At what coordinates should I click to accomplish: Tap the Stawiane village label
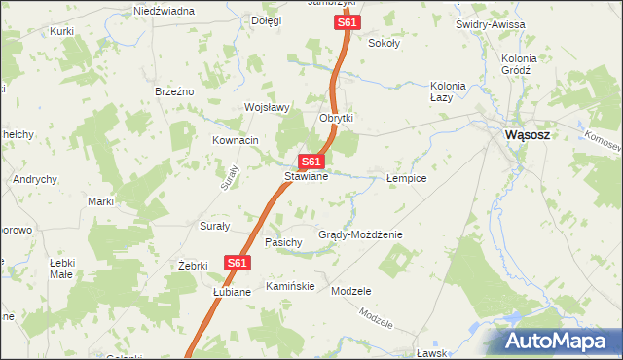(x=306, y=177)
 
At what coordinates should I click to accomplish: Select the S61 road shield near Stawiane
(x=311, y=162)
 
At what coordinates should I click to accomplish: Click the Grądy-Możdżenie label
(x=360, y=235)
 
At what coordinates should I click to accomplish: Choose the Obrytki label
(x=336, y=118)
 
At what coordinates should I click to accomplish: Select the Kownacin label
(x=236, y=140)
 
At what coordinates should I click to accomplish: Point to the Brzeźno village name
(x=175, y=90)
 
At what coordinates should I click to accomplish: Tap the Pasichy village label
(x=283, y=241)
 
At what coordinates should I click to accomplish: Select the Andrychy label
(x=35, y=180)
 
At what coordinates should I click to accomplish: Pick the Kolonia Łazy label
(x=449, y=90)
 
